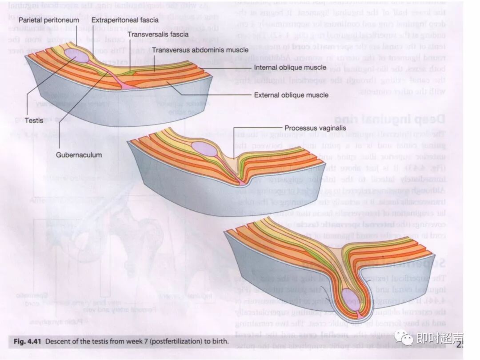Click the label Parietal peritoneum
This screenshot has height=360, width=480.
46,20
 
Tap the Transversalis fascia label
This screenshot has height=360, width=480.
158,34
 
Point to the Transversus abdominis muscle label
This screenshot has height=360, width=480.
200,50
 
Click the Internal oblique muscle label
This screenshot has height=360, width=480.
290,68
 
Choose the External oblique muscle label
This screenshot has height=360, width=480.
291,95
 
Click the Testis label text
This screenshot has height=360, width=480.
34,120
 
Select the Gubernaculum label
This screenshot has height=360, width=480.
79,155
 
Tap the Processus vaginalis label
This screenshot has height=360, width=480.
315,128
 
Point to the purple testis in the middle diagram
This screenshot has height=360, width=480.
204,148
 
